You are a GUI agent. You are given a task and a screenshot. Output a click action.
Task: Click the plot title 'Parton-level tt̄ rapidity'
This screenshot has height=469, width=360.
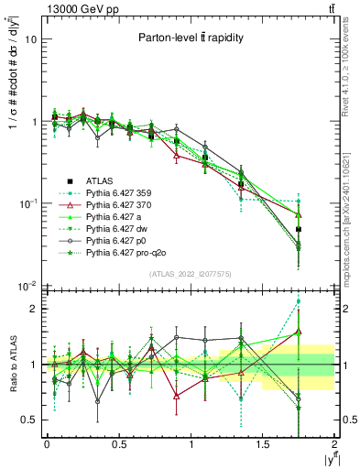pos(189,38)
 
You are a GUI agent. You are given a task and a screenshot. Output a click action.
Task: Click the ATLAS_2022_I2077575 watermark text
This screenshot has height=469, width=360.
pos(189,273)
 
